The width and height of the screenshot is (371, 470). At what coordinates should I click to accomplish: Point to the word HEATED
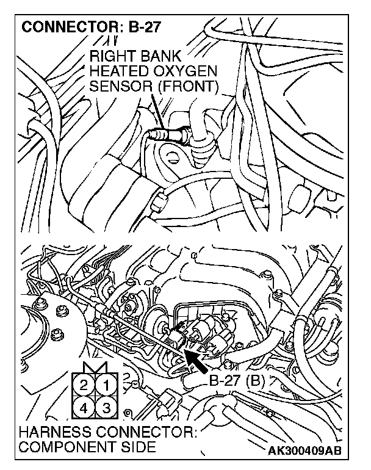[x=117, y=71]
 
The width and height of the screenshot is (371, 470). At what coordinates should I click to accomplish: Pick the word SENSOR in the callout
[x=118, y=87]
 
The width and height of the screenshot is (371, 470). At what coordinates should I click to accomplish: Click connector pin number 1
[x=106, y=385]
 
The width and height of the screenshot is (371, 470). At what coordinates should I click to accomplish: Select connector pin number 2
[x=83, y=385]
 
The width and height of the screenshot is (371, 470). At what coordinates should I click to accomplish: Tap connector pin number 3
[x=106, y=407]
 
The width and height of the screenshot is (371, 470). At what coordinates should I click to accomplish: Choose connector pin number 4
[x=83, y=407]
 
